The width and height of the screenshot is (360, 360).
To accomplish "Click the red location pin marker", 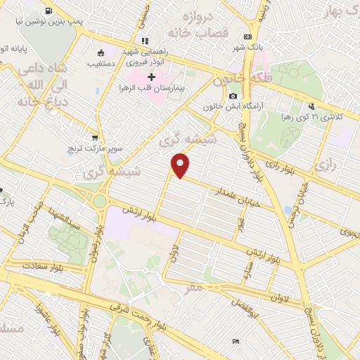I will pos(181,165).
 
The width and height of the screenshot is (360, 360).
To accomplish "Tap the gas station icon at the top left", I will pos(47,11).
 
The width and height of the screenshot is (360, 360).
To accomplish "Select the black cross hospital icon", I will pos(150,76).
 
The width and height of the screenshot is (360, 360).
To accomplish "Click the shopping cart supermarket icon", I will pos(96,138).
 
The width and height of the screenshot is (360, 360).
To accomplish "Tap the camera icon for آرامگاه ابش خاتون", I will pos(233,96).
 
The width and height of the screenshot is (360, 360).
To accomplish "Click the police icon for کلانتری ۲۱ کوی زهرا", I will pos(311,107).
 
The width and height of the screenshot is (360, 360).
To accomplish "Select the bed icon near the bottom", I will pos(236,341).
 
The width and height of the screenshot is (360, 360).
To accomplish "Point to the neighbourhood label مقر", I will pos(196,287).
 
